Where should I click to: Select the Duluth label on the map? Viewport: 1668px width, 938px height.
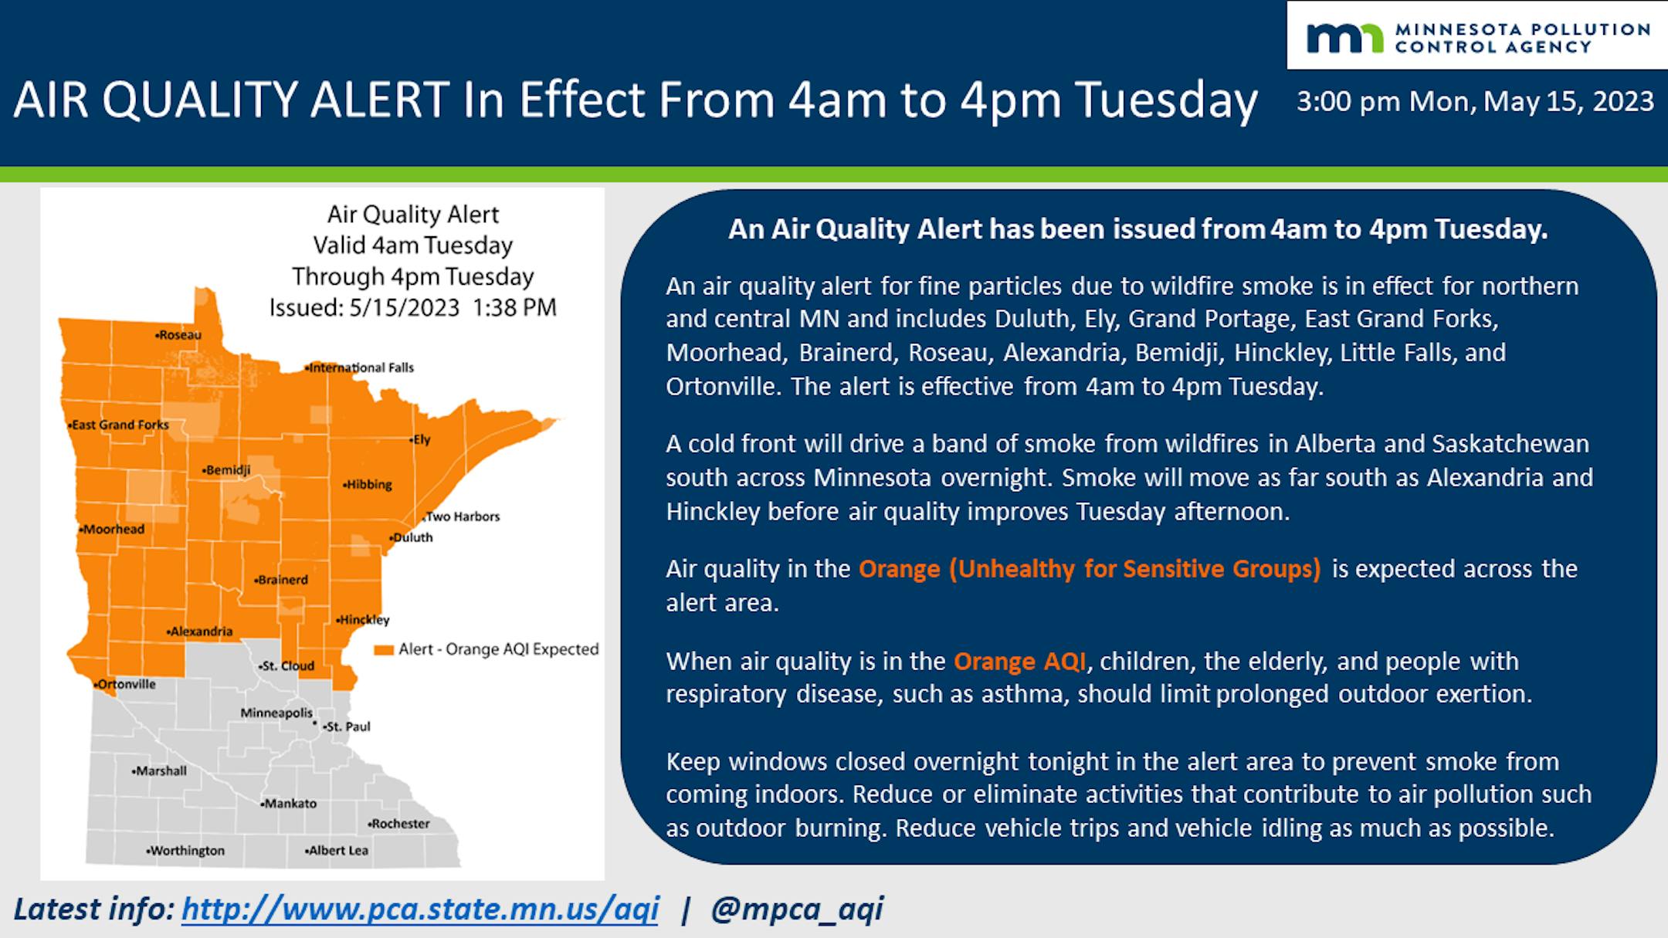(x=412, y=537)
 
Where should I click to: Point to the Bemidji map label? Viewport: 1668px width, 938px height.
(x=226, y=470)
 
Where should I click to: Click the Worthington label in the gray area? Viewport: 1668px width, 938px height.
(x=185, y=851)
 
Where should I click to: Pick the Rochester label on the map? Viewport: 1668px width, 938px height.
(x=398, y=824)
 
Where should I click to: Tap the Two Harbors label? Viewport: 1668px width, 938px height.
(x=462, y=516)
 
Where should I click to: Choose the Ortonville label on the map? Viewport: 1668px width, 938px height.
(x=125, y=684)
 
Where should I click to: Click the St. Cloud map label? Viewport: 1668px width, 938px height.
(x=286, y=665)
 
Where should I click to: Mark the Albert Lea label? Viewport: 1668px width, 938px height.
(x=337, y=851)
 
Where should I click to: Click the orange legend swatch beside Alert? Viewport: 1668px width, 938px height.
(x=384, y=650)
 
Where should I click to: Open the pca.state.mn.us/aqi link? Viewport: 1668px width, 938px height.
(x=420, y=909)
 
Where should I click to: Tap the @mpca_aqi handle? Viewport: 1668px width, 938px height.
(x=797, y=909)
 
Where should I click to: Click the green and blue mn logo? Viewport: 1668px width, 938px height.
(x=1344, y=38)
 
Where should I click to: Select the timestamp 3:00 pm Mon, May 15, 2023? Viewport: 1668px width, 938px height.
(x=1475, y=101)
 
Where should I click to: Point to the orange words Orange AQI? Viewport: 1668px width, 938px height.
(x=1020, y=662)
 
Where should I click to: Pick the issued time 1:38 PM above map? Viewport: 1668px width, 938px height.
(x=514, y=308)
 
